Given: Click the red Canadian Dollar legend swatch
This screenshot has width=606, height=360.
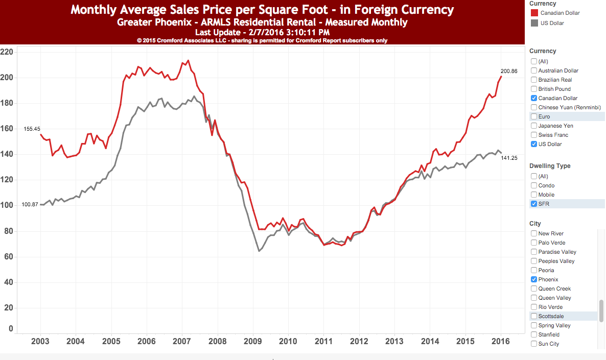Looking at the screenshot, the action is pyautogui.click(x=534, y=13).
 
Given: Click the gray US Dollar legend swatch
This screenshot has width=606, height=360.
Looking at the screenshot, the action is pyautogui.click(x=534, y=23).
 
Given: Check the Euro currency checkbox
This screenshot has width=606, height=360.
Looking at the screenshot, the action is pyautogui.click(x=534, y=116).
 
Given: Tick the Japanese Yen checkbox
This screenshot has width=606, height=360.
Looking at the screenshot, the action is pyautogui.click(x=534, y=126).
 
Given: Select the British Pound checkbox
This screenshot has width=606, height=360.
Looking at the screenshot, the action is pyautogui.click(x=534, y=89).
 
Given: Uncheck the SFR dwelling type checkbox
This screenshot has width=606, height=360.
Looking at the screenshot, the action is pyautogui.click(x=534, y=204).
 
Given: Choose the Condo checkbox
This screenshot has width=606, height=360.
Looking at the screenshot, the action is pyautogui.click(x=534, y=185).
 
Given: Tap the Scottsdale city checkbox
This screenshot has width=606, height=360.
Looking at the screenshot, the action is pyautogui.click(x=534, y=316).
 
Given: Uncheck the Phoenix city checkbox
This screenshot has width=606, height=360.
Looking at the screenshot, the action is pyautogui.click(x=534, y=279).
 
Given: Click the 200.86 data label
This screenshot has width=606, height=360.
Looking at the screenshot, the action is pyautogui.click(x=509, y=71).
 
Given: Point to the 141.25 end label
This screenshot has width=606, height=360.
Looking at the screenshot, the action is pyautogui.click(x=509, y=158).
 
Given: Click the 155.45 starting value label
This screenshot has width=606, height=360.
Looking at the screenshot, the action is pyautogui.click(x=32, y=129).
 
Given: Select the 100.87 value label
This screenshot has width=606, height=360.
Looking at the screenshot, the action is pyautogui.click(x=30, y=204).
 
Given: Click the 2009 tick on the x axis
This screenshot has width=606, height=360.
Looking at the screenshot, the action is pyautogui.click(x=253, y=342).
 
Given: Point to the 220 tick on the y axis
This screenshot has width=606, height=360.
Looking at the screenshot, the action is pyautogui.click(x=7, y=52).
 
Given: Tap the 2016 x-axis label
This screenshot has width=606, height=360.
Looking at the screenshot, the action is pyautogui.click(x=501, y=342).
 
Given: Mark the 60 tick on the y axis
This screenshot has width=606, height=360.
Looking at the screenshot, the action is pyautogui.click(x=9, y=256).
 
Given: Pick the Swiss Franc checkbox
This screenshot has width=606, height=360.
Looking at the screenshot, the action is pyautogui.click(x=534, y=135).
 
